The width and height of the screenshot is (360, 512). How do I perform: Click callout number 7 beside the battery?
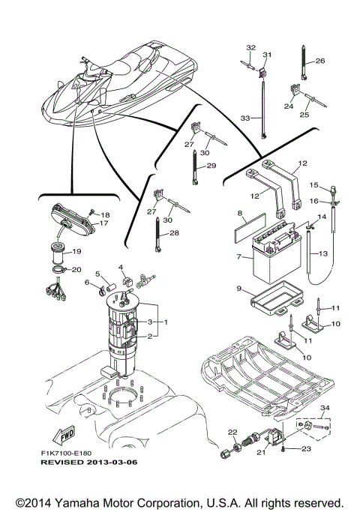pyautogui.click(x=238, y=257)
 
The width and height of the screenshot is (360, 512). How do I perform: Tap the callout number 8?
pyautogui.click(x=240, y=214)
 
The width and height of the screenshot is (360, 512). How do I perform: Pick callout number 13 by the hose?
pyautogui.click(x=324, y=254)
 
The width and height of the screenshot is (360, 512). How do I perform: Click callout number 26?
pyautogui.click(x=320, y=61)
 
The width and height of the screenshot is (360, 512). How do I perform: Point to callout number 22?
pyautogui.click(x=232, y=431)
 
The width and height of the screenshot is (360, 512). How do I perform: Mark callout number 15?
pyautogui.click(x=315, y=184)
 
